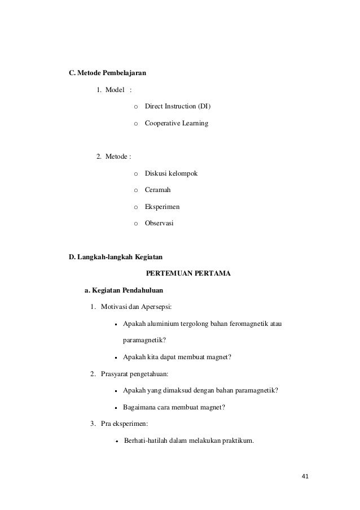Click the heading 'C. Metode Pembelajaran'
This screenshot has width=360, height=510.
click(107, 73)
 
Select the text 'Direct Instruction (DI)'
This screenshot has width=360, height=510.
click(179, 106)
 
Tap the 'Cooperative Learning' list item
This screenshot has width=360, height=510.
click(176, 123)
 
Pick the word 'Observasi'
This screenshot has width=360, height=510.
click(160, 224)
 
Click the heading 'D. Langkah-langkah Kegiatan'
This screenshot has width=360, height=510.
click(113, 258)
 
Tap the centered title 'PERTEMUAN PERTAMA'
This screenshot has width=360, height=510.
click(188, 274)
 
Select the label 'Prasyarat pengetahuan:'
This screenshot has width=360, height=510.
click(135, 374)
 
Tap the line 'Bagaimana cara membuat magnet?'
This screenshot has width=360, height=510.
click(173, 407)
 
